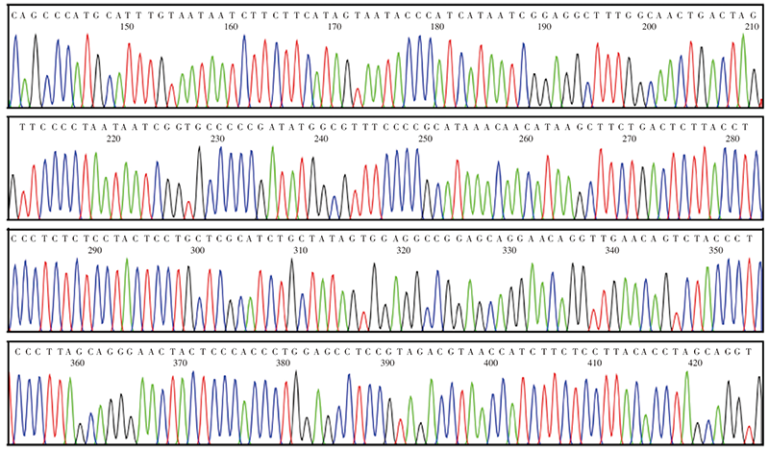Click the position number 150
[x=126, y=26]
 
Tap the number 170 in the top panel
[x=335, y=26]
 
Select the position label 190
[x=544, y=26]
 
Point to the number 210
[x=752, y=26]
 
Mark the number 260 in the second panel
[x=526, y=138]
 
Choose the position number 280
[x=732, y=138]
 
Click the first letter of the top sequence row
[x=12, y=13]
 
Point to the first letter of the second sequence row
[x=12, y=126]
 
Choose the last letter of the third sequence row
[x=757, y=238]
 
